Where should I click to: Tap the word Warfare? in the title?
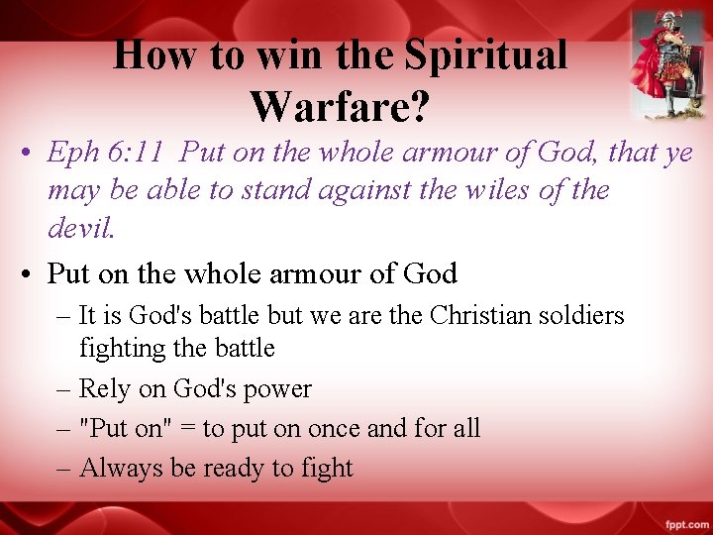[x=340, y=106]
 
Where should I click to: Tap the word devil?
[x=81, y=229]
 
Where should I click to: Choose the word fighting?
[x=124, y=349]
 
